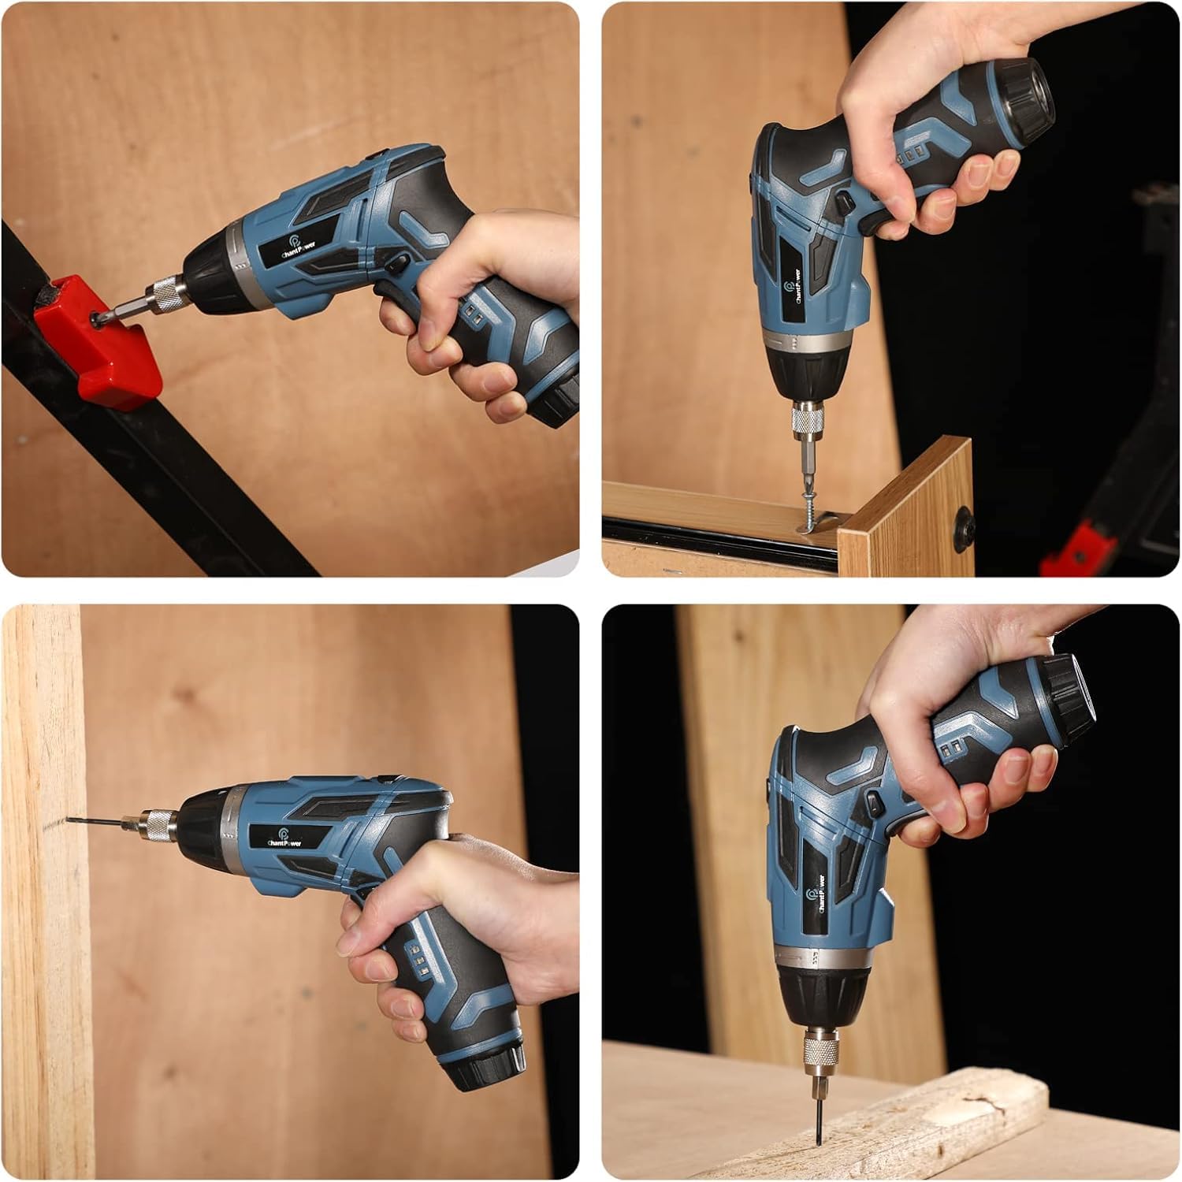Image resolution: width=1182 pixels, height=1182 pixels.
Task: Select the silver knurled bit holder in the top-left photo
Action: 164,294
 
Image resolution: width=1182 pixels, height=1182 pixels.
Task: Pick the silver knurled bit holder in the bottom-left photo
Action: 155,824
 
